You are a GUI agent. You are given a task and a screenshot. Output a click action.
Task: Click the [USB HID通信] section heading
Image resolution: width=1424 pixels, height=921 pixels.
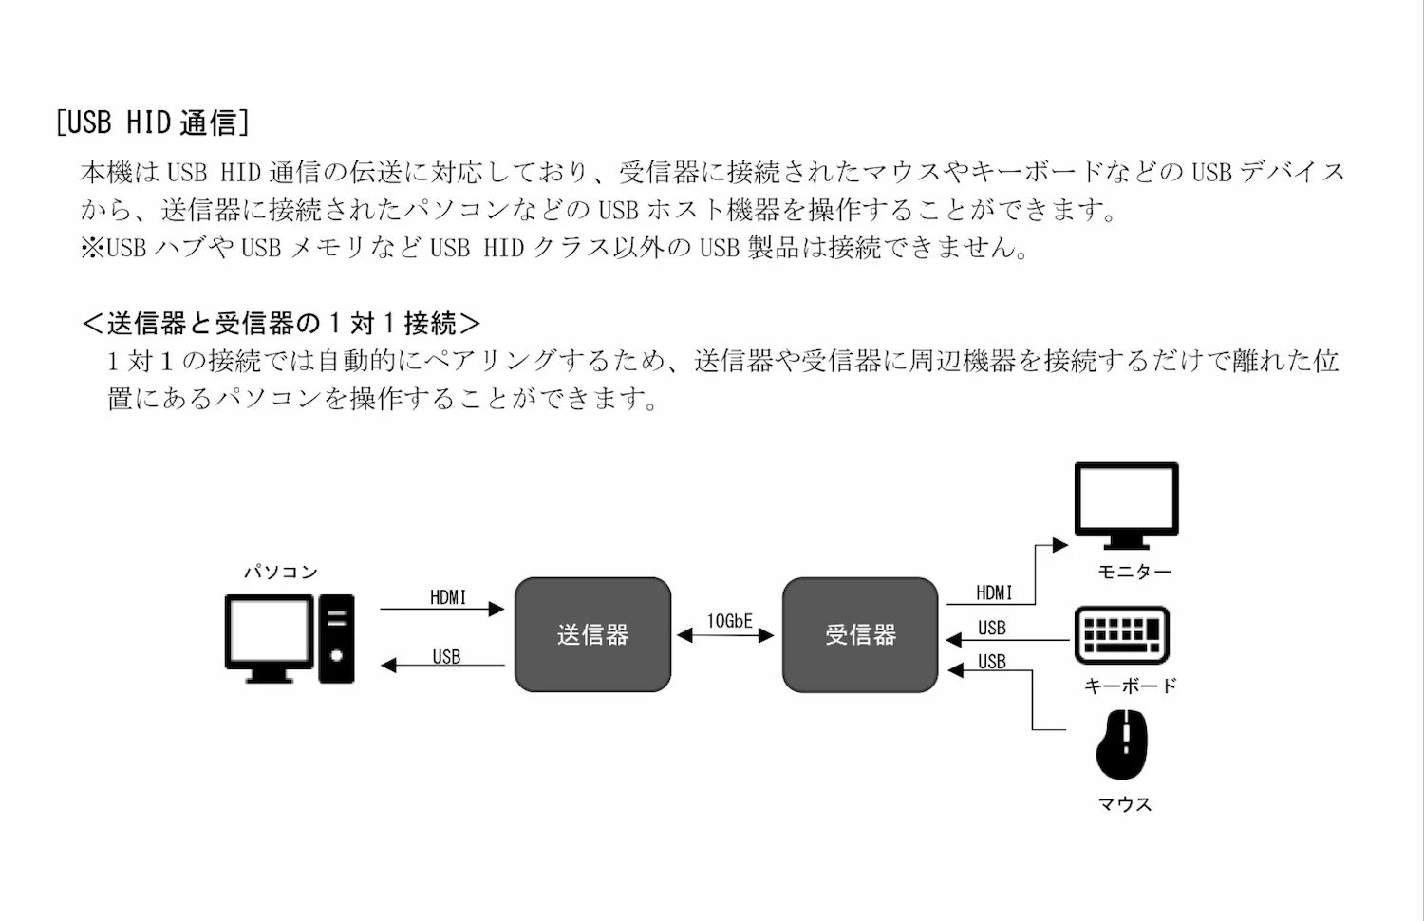(152, 122)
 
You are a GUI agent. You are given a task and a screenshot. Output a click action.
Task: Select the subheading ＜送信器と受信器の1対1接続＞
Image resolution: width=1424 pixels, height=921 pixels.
(281, 324)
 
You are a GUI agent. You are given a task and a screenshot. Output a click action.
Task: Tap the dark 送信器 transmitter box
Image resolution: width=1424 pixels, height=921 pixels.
(592, 634)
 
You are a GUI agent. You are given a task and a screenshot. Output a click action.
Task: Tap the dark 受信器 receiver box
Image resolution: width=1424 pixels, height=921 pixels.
(860, 634)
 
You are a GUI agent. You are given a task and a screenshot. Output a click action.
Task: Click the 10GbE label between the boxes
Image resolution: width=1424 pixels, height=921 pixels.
(729, 621)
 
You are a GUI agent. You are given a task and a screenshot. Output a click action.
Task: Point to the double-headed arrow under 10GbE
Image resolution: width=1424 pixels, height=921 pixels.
(726, 636)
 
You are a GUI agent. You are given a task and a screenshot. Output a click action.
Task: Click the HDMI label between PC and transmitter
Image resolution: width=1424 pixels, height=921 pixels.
(448, 597)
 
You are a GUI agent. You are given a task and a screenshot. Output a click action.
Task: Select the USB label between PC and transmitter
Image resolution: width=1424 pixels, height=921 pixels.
(446, 656)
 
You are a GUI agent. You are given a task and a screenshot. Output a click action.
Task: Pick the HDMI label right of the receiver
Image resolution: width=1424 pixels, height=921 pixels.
(994, 592)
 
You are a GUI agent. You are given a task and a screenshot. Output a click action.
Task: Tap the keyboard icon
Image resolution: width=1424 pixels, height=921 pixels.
(1121, 635)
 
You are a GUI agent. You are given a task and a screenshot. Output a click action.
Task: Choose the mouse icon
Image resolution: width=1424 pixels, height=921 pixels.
(1121, 743)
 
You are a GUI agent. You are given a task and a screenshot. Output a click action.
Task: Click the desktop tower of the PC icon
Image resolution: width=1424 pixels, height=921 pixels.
(336, 638)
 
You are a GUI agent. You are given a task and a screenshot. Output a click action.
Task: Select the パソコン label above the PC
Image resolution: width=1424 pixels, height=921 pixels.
(281, 572)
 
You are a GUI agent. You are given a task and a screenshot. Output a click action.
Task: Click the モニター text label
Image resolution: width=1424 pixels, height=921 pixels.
(1134, 572)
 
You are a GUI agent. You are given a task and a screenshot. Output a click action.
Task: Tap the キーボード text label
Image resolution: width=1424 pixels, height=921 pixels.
(1130, 685)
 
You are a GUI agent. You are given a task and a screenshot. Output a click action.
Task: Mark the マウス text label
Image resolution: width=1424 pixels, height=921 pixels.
(1125, 804)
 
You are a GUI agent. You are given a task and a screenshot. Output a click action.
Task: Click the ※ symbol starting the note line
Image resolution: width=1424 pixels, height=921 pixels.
(93, 248)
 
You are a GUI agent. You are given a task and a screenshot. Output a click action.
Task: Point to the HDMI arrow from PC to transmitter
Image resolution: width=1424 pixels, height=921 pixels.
(441, 609)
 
